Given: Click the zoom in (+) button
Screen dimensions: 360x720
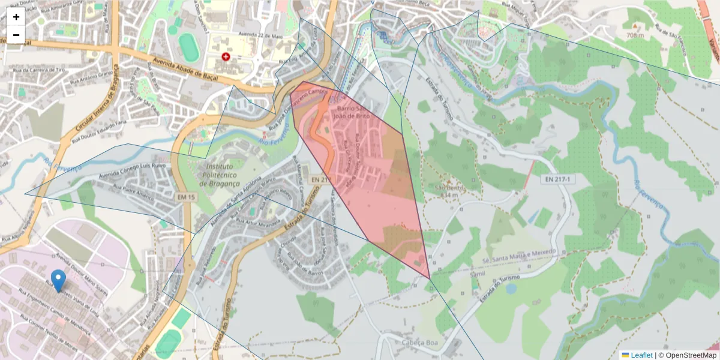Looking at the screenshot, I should (x=16, y=17).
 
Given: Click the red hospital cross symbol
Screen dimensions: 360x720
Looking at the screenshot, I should (x=226, y=57).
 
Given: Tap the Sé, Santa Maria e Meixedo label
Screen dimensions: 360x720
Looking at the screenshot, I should (x=520, y=256).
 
